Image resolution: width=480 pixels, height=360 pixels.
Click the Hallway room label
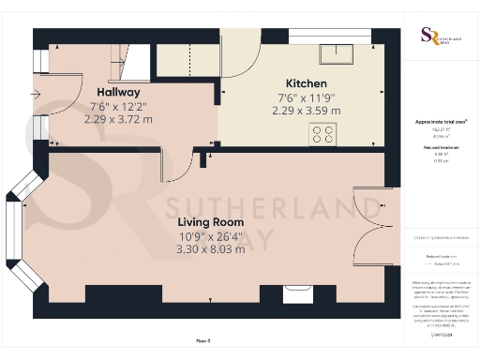pos(118,92)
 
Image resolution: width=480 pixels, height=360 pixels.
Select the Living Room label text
pos(211,222)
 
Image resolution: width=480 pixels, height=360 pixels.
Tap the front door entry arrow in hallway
pos(37,94)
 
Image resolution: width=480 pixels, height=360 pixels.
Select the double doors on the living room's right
pos(369,225)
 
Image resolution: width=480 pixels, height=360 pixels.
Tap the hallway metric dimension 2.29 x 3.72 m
pos(118,119)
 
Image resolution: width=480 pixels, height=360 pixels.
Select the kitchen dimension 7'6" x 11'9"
pos(307,97)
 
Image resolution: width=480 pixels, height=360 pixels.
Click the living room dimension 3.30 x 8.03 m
pos(211,248)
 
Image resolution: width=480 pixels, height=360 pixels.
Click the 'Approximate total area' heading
pos(441,122)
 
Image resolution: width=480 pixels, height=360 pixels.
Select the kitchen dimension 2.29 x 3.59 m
pos(307,111)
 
